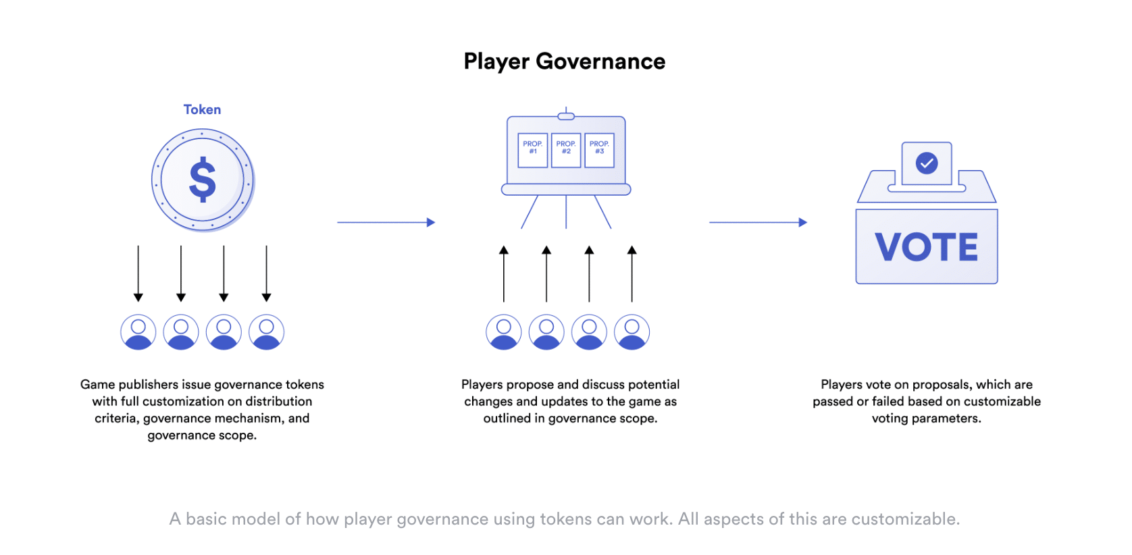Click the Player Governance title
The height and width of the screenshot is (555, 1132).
[564, 61]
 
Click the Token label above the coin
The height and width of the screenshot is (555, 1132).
[202, 109]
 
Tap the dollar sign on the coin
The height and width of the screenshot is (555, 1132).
[203, 180]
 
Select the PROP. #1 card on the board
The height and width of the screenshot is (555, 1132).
[533, 150]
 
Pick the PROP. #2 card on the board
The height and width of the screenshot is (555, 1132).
[566, 150]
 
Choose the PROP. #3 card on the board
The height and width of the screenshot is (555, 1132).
[599, 150]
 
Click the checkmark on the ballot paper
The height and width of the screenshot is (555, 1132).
[927, 163]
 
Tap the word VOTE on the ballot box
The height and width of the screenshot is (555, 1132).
[926, 247]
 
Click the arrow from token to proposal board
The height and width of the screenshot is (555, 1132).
[386, 222]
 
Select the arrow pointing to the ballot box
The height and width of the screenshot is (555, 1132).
[758, 222]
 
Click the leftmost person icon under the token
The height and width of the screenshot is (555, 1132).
[138, 332]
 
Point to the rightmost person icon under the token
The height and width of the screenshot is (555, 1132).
[267, 332]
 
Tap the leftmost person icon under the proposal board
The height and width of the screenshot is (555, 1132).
[504, 332]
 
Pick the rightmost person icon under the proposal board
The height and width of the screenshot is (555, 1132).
[632, 332]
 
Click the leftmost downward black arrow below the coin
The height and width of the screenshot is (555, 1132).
[138, 273]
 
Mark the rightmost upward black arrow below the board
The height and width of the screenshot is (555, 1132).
[632, 273]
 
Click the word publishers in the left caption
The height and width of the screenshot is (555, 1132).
[149, 385]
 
